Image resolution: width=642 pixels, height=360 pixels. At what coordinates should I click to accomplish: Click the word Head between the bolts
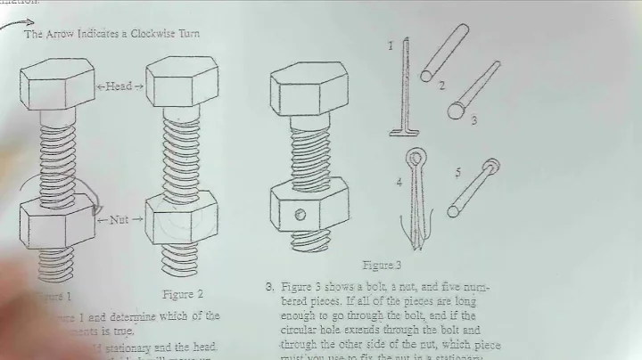pos(119,86)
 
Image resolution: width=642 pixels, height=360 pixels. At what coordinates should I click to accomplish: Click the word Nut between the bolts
pos(119,218)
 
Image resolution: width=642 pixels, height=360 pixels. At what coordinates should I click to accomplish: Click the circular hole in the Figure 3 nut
pos(300,214)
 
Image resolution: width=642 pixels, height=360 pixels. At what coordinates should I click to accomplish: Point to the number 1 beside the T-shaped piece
pos(390,45)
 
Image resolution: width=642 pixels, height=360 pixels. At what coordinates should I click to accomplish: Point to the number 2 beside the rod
pos(440,86)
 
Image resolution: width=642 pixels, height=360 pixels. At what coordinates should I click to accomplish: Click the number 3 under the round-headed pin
pos(473,119)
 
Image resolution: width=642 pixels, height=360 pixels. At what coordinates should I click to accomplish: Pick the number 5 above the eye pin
pos(457,172)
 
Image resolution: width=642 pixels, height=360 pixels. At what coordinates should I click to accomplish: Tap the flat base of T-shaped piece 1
pos(405,132)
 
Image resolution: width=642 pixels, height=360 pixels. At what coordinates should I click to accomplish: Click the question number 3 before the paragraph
pos(268,286)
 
